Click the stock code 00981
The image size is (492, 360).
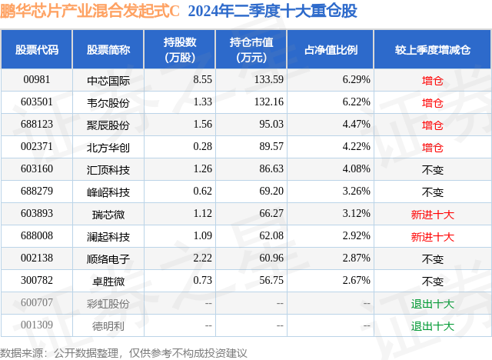tap(36, 79)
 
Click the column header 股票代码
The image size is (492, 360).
tap(36, 49)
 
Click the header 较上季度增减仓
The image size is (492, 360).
tap(433, 49)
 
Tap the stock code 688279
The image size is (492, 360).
tap(36, 192)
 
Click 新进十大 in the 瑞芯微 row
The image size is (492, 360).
tap(433, 214)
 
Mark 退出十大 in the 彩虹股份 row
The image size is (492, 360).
tap(433, 303)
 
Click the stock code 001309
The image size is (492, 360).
tap(36, 325)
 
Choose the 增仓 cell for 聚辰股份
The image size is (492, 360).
tap(433, 125)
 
